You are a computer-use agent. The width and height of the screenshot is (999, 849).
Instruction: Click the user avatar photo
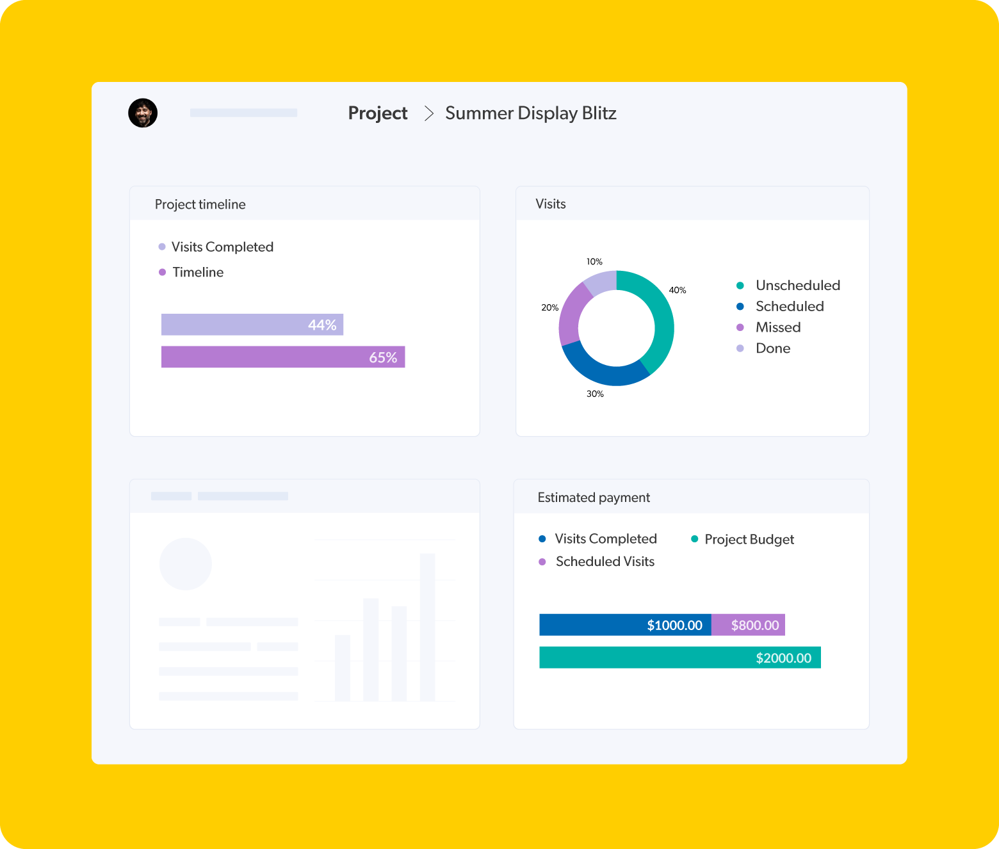[x=143, y=113]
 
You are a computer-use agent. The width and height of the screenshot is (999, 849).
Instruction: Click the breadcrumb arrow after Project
[x=429, y=113]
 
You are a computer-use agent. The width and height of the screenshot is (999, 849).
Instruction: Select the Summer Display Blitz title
[x=530, y=113]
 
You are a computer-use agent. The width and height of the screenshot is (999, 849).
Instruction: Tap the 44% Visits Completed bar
[x=252, y=325]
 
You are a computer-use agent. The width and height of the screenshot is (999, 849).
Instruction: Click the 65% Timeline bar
[x=282, y=357]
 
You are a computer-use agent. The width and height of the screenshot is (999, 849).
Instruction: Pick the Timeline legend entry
[x=191, y=272]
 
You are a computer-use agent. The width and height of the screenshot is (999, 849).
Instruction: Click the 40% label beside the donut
[x=677, y=290]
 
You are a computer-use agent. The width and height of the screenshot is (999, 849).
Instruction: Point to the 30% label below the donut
[x=595, y=394]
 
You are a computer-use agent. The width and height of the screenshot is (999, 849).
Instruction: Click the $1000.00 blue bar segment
[x=624, y=625]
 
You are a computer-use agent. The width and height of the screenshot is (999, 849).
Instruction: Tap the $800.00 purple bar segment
[x=748, y=625]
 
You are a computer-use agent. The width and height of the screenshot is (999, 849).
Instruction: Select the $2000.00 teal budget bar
[x=679, y=658]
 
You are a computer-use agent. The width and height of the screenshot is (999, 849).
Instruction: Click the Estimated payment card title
[x=594, y=497]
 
